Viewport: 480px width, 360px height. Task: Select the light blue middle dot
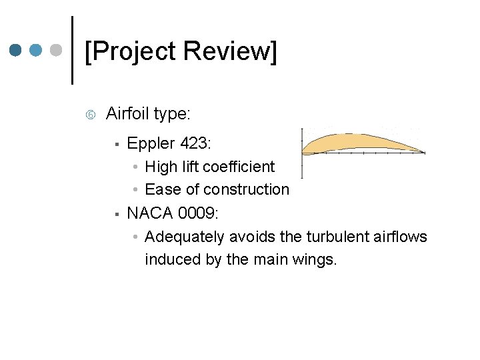(x=37, y=51)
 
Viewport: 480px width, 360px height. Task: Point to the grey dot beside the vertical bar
(x=57, y=51)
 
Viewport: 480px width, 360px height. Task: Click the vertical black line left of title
(x=73, y=50)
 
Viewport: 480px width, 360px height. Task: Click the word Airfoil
(x=127, y=114)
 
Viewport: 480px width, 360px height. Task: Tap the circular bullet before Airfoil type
(x=91, y=115)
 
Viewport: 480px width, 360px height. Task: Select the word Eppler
(x=149, y=143)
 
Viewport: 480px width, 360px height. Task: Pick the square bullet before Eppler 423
(x=116, y=143)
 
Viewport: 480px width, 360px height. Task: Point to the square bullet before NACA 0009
(x=116, y=214)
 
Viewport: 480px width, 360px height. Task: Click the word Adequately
(x=185, y=237)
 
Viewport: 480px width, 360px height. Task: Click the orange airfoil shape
(x=353, y=142)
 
